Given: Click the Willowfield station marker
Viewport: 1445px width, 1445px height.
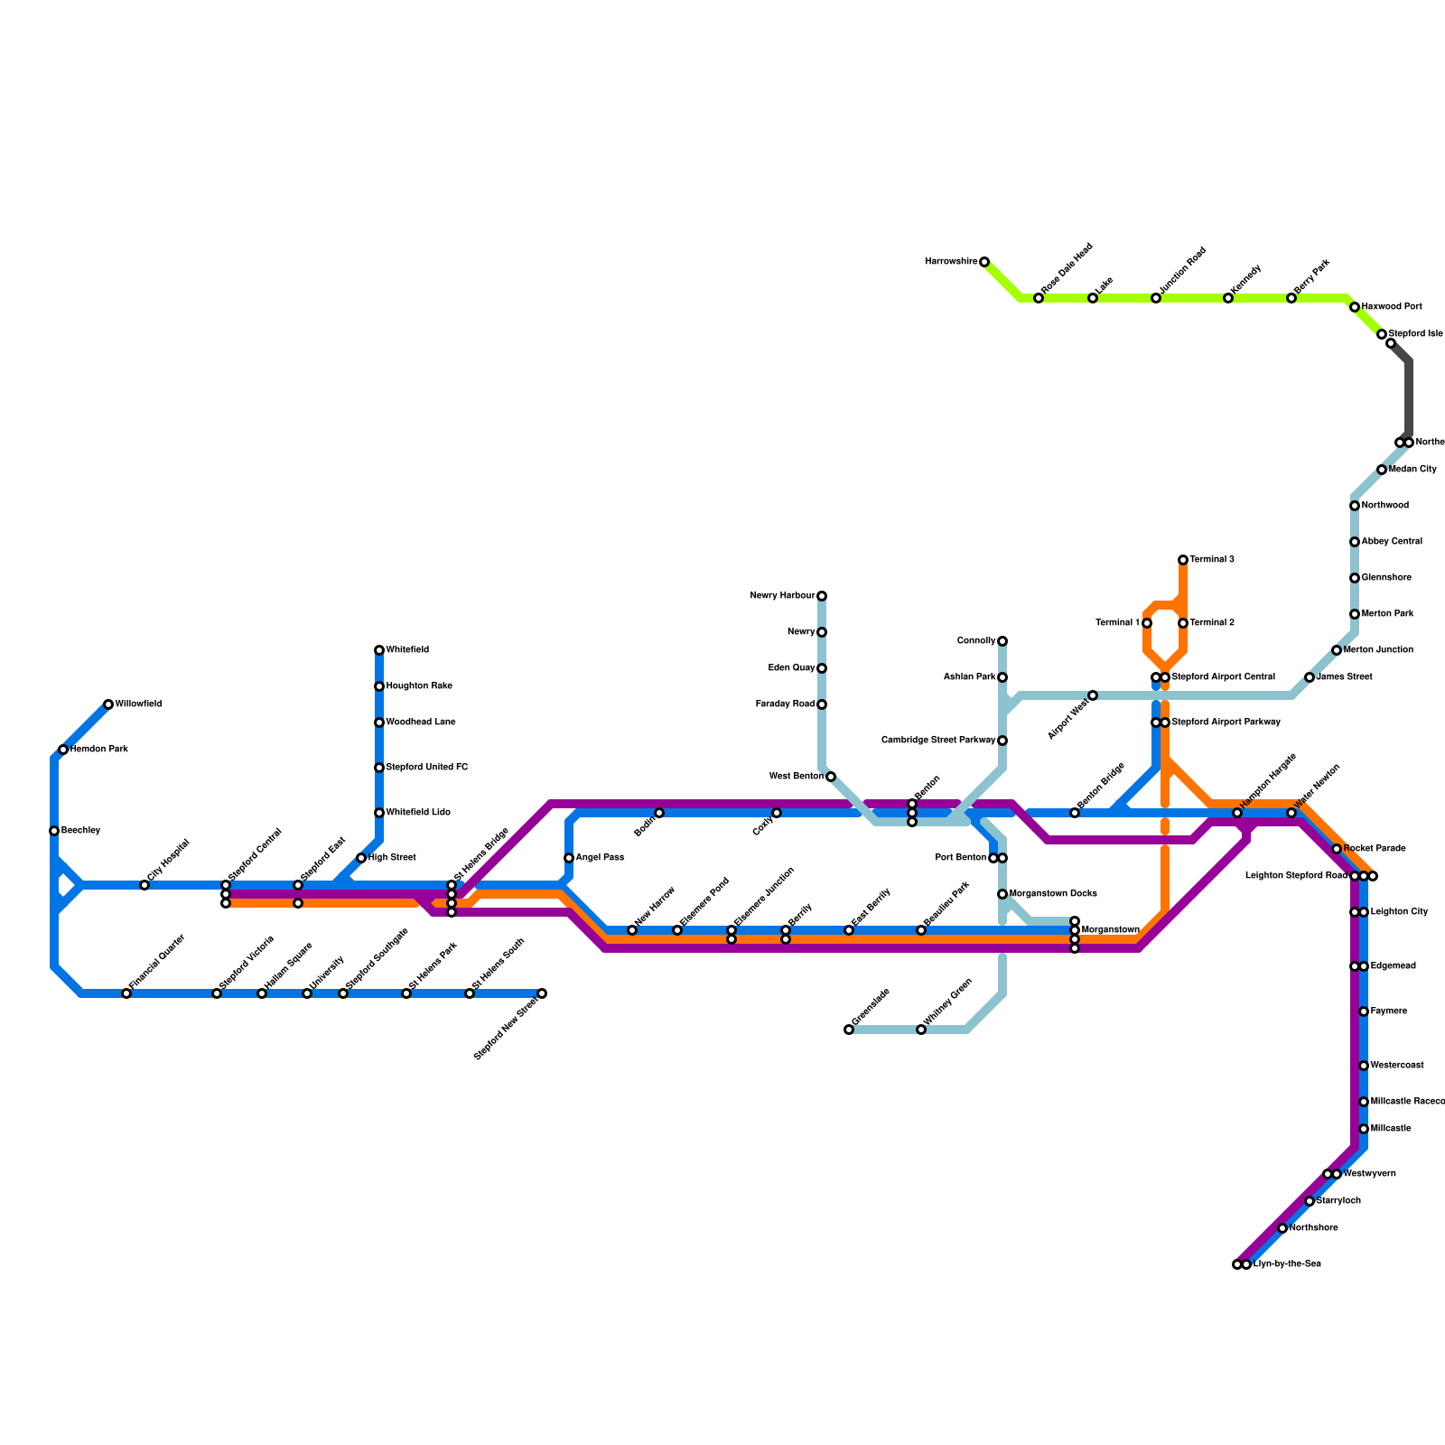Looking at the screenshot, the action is (108, 704).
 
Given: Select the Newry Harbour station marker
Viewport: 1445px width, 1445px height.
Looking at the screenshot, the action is (822, 596).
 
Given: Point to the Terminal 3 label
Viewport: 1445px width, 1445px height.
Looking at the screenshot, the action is (1212, 560).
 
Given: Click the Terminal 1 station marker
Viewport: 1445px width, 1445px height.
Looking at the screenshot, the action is (1147, 623).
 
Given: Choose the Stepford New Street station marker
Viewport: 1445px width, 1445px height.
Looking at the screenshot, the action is (542, 993).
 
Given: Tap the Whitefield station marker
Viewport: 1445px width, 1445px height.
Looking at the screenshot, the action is (379, 650).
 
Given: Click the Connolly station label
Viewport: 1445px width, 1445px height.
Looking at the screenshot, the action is (975, 641).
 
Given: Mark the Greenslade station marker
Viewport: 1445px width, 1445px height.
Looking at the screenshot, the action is (849, 1030).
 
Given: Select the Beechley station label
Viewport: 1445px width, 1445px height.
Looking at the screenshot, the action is (80, 831).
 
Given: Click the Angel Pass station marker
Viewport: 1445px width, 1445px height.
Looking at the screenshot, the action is (569, 858).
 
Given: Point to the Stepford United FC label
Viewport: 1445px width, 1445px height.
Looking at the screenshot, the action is (427, 768).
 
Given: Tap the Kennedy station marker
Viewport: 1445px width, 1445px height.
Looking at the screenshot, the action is (1228, 298).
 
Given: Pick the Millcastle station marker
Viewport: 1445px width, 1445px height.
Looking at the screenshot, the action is (1364, 1129).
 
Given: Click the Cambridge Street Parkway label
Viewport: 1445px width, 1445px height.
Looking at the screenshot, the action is (937, 741).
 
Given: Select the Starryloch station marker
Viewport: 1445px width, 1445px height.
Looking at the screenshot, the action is (1310, 1201).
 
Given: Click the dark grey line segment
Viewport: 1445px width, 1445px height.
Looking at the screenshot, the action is (1409, 397).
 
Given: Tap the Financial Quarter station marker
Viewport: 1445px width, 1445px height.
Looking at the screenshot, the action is (126, 993).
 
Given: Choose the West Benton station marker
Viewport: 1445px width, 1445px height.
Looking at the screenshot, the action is (831, 777).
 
